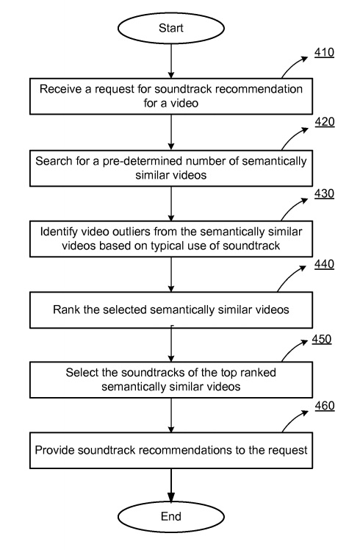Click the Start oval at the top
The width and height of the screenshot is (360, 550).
tap(170, 28)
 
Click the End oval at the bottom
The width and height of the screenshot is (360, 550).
tap(170, 517)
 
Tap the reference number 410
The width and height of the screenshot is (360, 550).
tap(324, 53)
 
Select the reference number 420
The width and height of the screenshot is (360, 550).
tap(325, 122)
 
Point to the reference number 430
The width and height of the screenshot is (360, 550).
tap(324, 193)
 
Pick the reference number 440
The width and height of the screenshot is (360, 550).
tap(324, 264)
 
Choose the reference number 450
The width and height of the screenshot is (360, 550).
tap(322, 339)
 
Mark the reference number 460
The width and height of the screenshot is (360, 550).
tap(325, 406)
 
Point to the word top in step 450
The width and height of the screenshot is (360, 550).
tap(228, 373)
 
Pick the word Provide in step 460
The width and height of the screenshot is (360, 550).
tap(54, 450)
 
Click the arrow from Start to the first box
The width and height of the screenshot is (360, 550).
tap(170, 61)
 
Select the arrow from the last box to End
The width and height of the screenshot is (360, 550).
tap(170, 485)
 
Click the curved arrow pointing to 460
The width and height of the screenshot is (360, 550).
tap(295, 420)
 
